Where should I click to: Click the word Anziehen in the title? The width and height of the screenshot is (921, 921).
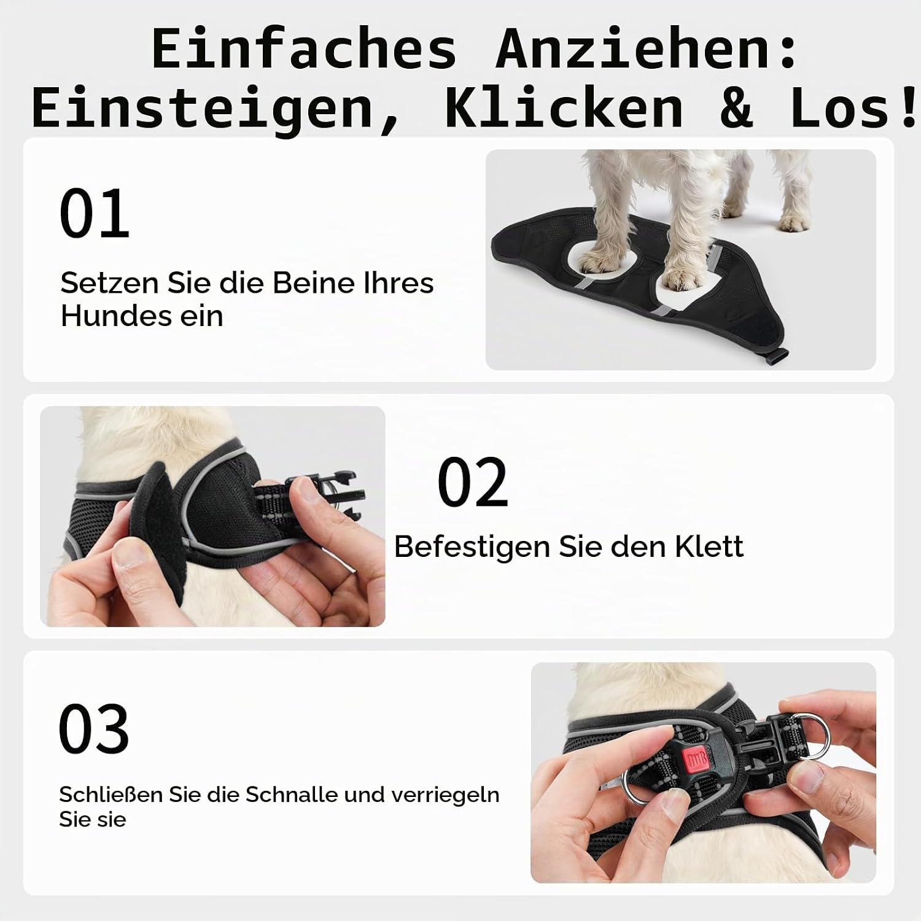(646, 49)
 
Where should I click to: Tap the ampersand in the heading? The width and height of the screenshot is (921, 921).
(737, 107)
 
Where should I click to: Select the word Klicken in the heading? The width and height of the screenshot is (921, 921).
(563, 107)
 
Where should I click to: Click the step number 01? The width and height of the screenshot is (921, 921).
(95, 214)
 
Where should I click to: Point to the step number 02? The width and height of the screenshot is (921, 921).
(473, 483)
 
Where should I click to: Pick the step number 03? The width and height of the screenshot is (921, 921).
(94, 729)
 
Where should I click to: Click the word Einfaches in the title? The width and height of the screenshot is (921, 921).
(304, 49)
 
